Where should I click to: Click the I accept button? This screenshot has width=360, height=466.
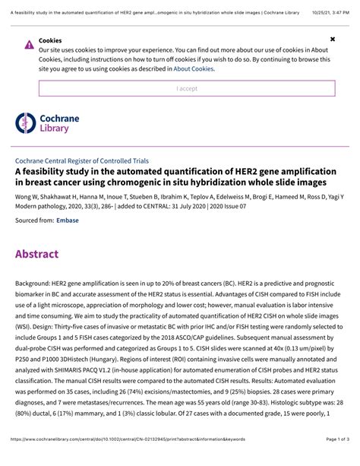[187, 88]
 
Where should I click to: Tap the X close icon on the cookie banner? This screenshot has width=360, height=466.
[332, 37]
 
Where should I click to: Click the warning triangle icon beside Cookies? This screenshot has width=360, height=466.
[29, 44]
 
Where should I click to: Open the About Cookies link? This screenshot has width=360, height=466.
[193, 68]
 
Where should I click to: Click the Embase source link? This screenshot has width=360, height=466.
[65, 219]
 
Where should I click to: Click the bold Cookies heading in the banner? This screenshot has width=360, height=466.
[50, 40]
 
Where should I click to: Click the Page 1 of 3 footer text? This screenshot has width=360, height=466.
[331, 461]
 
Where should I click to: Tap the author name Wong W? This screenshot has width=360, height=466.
[27, 195]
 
